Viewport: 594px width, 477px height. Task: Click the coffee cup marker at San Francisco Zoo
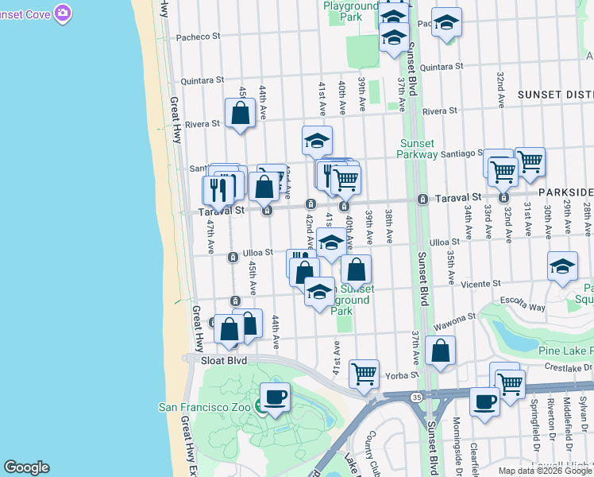pyautogui.click(x=275, y=397)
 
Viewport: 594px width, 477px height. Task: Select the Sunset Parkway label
pyautogui.click(x=417, y=149)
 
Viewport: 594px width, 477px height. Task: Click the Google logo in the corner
pyautogui.click(x=26, y=467)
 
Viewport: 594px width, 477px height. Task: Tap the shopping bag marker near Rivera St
pyautogui.click(x=240, y=113)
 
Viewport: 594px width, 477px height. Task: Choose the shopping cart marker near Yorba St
pyautogui.click(x=364, y=372)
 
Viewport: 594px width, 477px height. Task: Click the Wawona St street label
pyautogui.click(x=454, y=316)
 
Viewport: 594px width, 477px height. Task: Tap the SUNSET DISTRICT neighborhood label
pyautogui.click(x=555, y=94)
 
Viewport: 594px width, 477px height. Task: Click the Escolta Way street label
pyautogui.click(x=521, y=307)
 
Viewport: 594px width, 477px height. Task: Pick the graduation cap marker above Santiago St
pyautogui.click(x=317, y=141)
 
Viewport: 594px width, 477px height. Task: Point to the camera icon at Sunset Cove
pyautogui.click(x=63, y=13)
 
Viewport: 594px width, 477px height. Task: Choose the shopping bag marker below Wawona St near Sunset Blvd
pyautogui.click(x=440, y=351)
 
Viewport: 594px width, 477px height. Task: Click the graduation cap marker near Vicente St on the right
pyautogui.click(x=562, y=266)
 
